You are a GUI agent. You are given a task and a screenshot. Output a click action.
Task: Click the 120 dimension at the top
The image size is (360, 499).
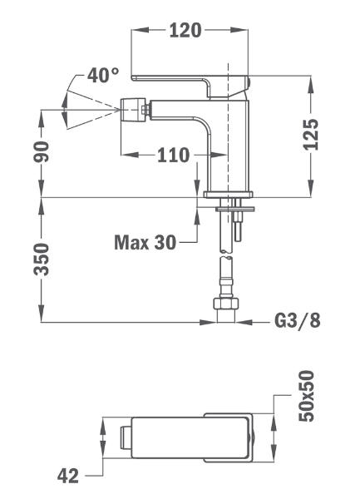pos(185,30)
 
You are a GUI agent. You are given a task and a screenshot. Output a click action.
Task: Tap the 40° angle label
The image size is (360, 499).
pos(103,75)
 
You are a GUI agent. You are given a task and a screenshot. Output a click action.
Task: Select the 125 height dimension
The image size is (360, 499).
pos(311,134)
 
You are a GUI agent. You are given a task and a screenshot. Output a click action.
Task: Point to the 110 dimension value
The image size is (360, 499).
pos(173,156)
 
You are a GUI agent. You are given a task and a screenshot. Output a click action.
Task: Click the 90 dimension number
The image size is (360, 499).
pos(42,152)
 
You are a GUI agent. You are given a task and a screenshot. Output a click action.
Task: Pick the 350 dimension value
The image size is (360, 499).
pos(42,259)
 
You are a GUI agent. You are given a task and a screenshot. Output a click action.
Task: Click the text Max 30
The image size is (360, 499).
pos(145,242)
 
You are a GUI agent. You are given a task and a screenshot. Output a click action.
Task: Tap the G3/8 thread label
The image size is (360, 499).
pos(298,320)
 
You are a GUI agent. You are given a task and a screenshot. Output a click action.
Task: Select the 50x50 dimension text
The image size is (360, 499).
pos(306,396)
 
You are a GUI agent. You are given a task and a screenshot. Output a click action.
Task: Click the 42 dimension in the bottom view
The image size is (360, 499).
pos(67,476)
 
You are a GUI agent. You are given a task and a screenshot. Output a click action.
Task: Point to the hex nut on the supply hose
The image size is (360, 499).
pos(225,304)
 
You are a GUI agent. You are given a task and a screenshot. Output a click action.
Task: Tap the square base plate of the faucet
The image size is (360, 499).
pos(228,195)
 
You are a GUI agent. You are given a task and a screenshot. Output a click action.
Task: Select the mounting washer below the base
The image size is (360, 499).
pos(235,209)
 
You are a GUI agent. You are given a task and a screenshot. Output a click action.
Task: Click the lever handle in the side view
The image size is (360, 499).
pos(191,86)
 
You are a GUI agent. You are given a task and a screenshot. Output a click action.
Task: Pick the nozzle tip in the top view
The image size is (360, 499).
pos(126,438)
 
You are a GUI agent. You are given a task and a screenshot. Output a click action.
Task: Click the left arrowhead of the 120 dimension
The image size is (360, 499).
pos(140,30)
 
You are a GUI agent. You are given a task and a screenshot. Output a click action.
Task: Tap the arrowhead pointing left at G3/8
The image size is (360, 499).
pos(244,322)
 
